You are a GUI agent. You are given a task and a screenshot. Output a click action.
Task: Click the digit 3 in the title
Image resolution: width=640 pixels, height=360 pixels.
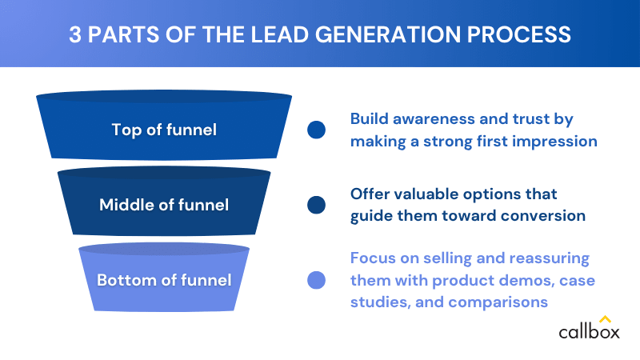click(x=74, y=34)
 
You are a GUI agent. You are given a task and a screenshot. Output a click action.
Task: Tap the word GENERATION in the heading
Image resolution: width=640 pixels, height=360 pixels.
click(x=387, y=34)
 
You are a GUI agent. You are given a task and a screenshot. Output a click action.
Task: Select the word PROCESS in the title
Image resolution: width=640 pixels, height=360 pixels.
click(x=518, y=34)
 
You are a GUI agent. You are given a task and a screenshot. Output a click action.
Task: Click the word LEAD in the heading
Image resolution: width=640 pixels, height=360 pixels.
click(x=279, y=34)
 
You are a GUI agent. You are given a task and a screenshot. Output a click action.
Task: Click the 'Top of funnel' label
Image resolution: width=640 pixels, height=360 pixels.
click(x=164, y=130)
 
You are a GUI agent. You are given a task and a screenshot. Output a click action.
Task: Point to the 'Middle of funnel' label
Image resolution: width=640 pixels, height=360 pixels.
click(x=164, y=205)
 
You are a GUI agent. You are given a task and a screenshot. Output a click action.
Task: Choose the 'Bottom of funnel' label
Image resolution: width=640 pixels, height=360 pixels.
click(x=164, y=280)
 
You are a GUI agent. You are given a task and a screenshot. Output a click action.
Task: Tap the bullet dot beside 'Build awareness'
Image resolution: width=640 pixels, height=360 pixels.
click(x=316, y=130)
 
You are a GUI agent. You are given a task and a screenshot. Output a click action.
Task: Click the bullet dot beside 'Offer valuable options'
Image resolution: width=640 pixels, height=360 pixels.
click(x=316, y=205)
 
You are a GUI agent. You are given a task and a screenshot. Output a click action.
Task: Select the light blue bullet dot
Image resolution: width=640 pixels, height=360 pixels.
click(x=316, y=281)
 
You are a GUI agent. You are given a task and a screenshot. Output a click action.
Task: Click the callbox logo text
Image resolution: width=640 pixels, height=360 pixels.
click(x=589, y=331)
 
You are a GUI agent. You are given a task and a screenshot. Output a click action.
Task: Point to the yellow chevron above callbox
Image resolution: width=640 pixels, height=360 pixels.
click(x=605, y=318)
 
